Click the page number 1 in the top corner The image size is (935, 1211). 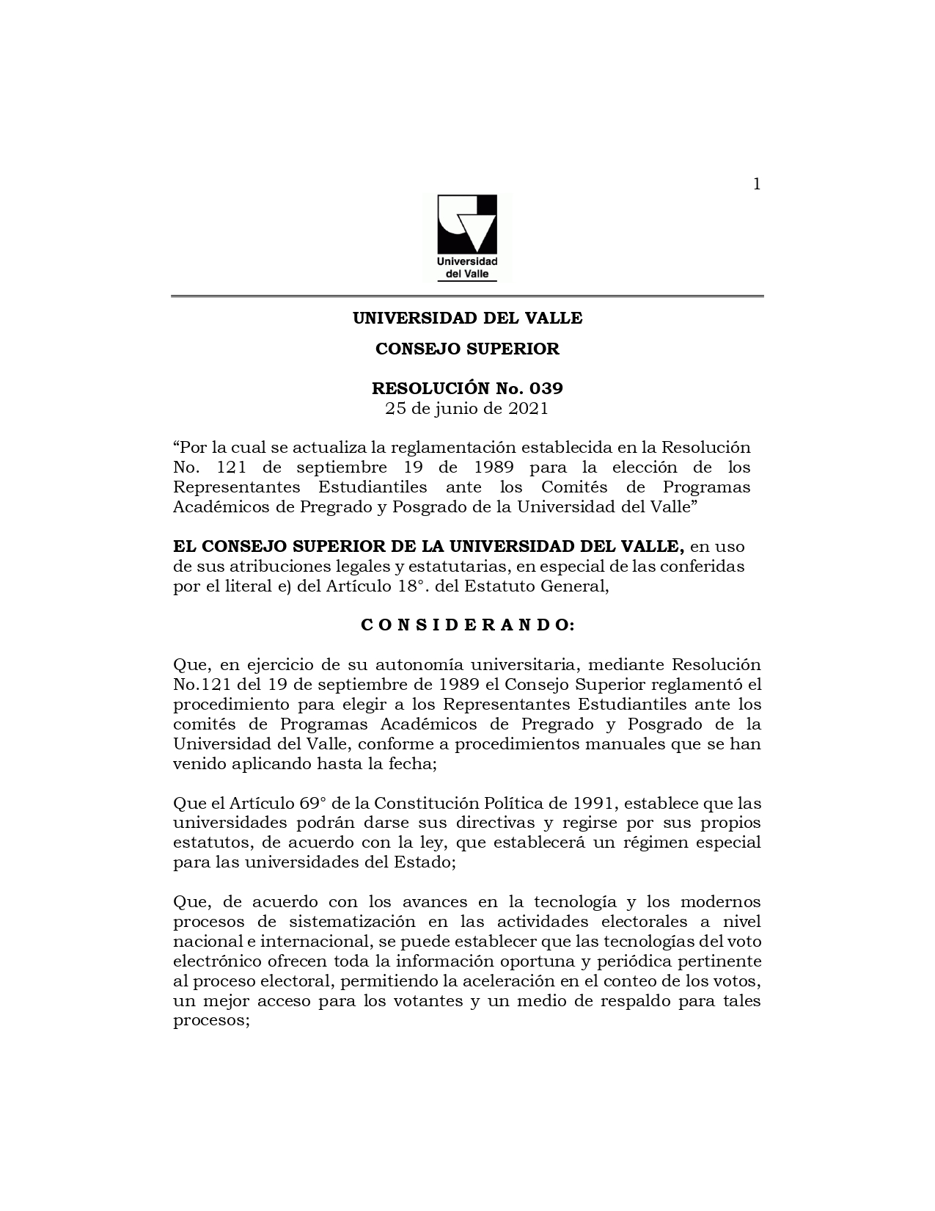coord(757,184)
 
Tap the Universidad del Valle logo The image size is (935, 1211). coord(467,237)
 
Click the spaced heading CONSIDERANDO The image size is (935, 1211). coord(467,625)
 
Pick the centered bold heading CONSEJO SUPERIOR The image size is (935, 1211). coord(467,349)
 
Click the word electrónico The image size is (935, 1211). coord(213,961)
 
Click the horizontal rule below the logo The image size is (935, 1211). coord(467,297)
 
